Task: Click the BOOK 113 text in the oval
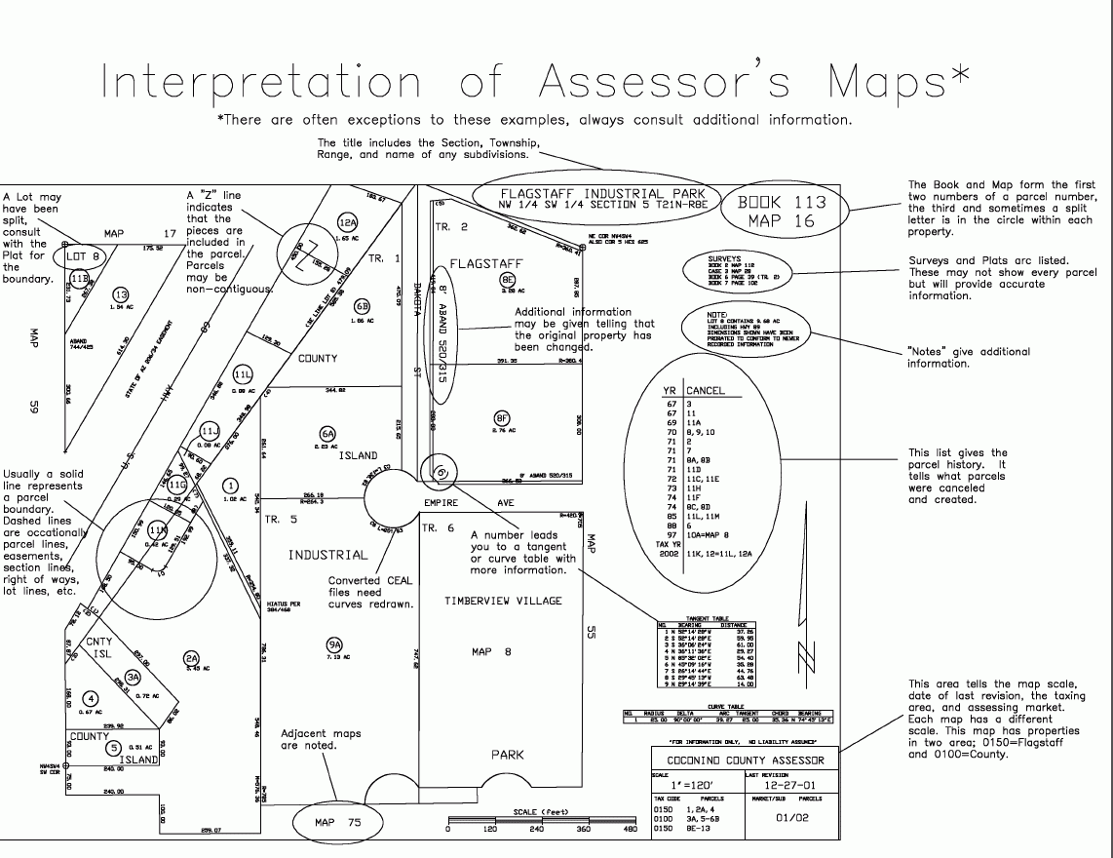click(x=782, y=203)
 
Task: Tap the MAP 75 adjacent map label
click(x=337, y=823)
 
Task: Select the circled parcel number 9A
click(x=334, y=644)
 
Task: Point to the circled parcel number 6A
click(x=327, y=434)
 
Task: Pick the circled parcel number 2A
click(x=192, y=658)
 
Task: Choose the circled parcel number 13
click(x=120, y=295)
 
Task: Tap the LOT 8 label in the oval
click(x=83, y=257)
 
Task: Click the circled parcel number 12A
click(x=348, y=222)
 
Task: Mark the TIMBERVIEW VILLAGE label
click(x=503, y=602)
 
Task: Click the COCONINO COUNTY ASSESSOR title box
click(x=745, y=760)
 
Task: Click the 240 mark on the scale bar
click(x=535, y=830)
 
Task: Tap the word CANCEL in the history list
click(x=706, y=390)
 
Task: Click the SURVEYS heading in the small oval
click(x=725, y=259)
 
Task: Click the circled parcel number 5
click(x=114, y=749)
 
